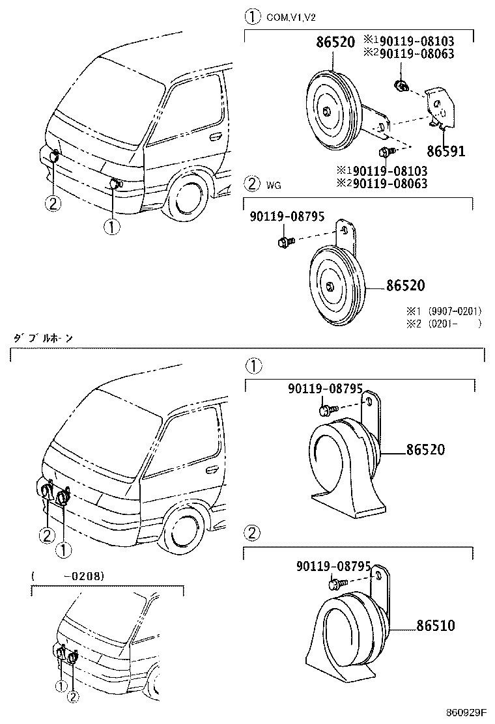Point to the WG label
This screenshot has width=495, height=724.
point(274,186)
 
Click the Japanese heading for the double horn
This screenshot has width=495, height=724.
point(43,339)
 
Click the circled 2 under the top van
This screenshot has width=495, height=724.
point(53,203)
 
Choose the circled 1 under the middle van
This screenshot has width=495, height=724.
point(63,551)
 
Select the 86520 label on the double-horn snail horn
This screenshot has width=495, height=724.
point(425,450)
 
